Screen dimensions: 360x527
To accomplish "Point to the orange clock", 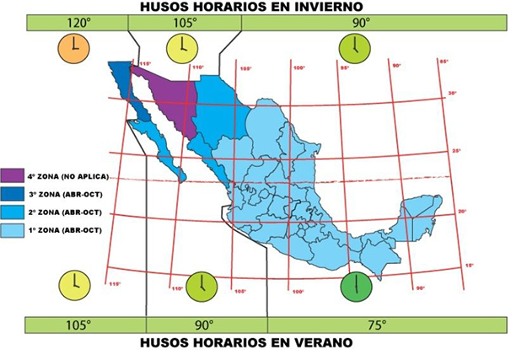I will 73,49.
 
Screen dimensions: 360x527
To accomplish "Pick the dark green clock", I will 356,287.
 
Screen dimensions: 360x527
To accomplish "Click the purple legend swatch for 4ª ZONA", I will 12,176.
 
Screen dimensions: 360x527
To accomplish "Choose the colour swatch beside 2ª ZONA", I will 12,212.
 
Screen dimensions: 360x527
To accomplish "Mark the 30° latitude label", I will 452,93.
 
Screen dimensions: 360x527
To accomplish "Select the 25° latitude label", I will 457,151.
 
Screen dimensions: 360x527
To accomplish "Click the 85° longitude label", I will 444,61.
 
